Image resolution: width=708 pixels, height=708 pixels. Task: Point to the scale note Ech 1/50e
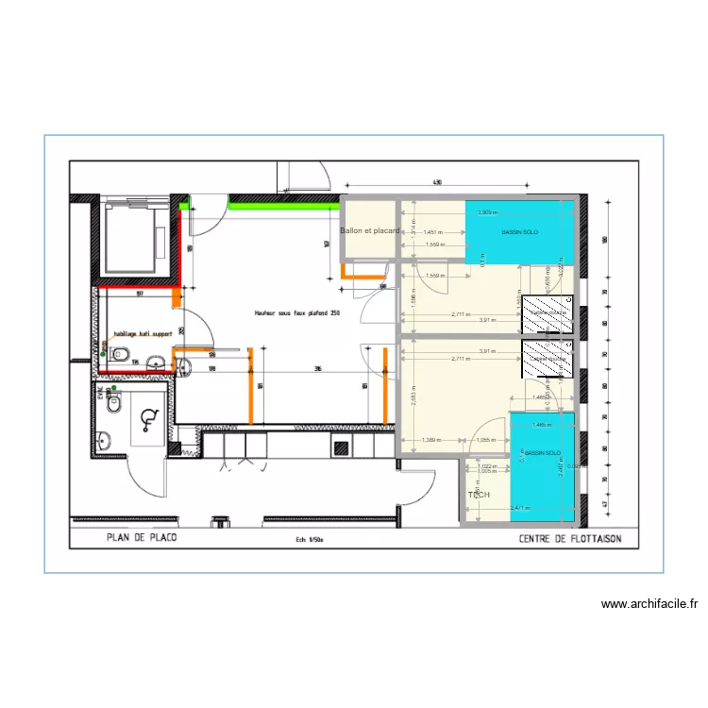[x=308, y=541]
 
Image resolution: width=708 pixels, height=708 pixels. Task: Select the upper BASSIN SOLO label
[x=519, y=232]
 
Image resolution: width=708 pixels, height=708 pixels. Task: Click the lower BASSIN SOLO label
[x=543, y=453]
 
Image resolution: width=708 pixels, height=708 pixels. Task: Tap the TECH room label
[x=479, y=495]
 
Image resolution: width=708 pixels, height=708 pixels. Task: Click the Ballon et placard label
[x=370, y=230]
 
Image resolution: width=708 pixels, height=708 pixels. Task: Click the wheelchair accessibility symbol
[x=146, y=418]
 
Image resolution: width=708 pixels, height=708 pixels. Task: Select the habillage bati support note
[x=142, y=333]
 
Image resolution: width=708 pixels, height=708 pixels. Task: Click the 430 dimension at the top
[x=437, y=181]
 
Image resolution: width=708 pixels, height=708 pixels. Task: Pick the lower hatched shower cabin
[x=548, y=359]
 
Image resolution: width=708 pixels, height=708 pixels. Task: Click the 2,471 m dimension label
[x=520, y=509]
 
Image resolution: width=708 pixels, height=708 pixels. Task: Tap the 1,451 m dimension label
[x=434, y=231]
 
